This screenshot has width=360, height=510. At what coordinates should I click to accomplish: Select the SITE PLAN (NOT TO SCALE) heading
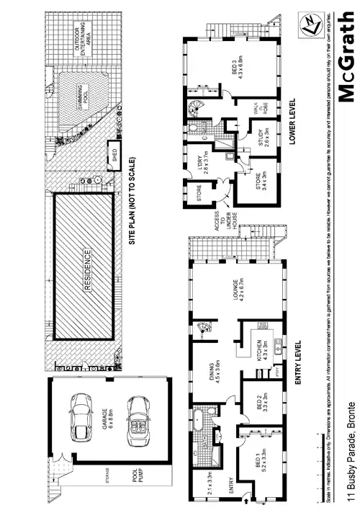tap(133, 202)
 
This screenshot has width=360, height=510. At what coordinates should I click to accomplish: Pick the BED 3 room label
tap(235, 68)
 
